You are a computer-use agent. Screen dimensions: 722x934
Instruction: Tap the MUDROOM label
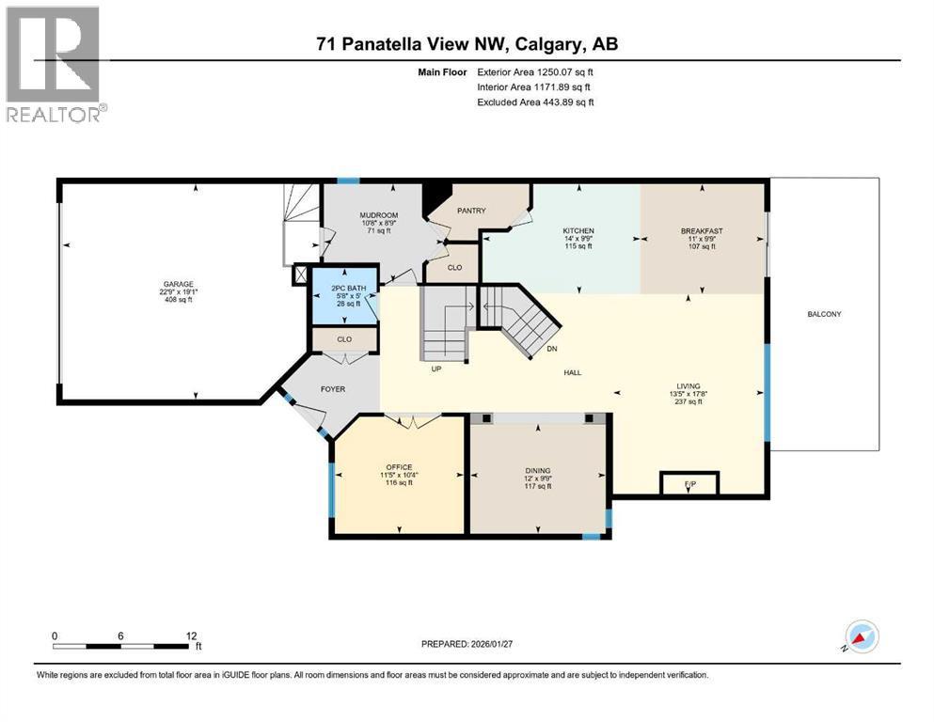pos(378,215)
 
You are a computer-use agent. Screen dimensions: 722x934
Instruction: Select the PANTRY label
pos(471,211)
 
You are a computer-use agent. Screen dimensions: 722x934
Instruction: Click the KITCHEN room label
pos(578,231)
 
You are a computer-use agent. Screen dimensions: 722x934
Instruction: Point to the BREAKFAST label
pos(701,231)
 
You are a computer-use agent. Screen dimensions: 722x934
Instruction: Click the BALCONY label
pos(824,314)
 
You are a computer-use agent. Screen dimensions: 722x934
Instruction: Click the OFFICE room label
pos(399,466)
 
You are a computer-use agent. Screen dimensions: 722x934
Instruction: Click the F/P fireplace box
pos(689,484)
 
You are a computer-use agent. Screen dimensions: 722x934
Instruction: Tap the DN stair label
pos(554,348)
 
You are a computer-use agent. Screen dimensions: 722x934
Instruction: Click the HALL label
pos(572,372)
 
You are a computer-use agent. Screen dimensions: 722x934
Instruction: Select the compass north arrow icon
pos(861,636)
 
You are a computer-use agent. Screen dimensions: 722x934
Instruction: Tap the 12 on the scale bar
pos(192,636)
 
